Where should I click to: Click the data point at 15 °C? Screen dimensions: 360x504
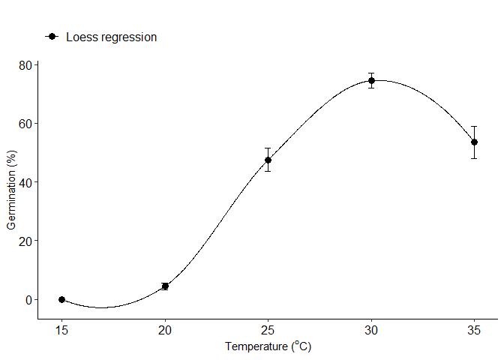[62, 299]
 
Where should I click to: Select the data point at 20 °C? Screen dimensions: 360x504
[165, 286]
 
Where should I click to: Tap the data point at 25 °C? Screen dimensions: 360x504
[268, 160]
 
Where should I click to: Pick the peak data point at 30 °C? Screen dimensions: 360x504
[371, 80]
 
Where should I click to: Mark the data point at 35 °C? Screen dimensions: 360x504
[474, 142]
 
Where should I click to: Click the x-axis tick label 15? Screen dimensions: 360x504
[62, 329]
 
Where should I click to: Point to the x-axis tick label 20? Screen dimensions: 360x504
[165, 329]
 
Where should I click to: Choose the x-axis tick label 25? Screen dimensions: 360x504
[268, 329]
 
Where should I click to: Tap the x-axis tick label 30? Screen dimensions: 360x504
[371, 329]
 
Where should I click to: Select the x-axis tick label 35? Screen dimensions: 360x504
[474, 329]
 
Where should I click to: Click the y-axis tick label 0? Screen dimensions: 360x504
[28, 300]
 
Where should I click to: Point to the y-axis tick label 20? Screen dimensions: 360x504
[25, 241]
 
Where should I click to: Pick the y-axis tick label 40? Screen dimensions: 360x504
[25, 182]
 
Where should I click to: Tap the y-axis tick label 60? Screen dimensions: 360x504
[25, 124]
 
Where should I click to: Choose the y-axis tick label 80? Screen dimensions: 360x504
[25, 65]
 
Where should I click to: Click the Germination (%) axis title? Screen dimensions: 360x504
[11, 190]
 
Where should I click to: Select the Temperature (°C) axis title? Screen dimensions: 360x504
[268, 346]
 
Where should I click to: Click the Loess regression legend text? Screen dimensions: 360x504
[111, 37]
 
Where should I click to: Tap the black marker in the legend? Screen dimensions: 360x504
[52, 37]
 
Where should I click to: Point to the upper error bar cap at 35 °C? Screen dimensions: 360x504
[474, 126]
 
